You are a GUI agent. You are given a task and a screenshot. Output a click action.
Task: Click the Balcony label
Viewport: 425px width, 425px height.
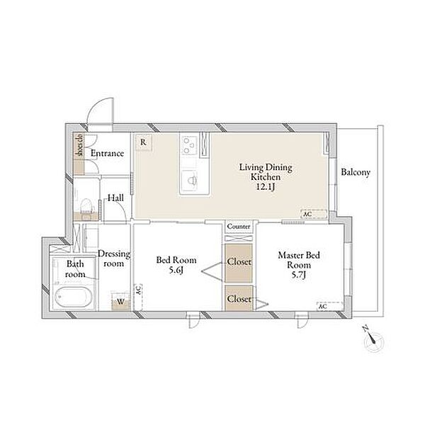356,172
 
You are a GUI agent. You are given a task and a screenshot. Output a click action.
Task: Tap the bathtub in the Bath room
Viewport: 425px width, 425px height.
72,297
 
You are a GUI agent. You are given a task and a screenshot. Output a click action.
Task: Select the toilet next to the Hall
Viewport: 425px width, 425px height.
86,206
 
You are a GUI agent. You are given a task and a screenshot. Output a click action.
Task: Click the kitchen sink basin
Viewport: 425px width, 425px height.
192,179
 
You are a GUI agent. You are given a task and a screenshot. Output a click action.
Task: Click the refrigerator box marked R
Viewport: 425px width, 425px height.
143,142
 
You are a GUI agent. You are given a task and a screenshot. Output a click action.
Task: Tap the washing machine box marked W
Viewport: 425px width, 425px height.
120,301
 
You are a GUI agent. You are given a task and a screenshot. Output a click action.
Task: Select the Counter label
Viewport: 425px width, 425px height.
239,226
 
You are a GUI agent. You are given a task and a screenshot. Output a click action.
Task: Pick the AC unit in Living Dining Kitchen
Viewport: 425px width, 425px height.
314,214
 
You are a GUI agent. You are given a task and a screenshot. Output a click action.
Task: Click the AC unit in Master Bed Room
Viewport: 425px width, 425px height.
330,306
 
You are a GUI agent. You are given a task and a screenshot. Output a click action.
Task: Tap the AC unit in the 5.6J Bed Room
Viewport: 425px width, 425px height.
138,297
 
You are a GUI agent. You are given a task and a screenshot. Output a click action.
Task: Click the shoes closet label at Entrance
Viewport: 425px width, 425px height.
80,146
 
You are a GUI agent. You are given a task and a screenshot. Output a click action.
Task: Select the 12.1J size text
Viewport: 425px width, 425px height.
266,187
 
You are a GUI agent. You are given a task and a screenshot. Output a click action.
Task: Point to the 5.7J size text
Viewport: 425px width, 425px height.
298,275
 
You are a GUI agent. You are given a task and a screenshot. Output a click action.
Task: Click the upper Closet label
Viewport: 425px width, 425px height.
239,262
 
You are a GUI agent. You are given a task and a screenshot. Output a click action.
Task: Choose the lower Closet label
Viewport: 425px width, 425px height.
239,299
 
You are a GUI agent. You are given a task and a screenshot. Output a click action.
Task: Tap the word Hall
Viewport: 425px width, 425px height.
116,198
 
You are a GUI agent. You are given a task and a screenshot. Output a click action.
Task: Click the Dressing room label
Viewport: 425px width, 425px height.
114,259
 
